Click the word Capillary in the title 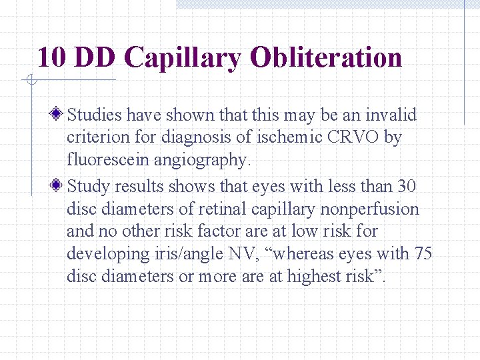[x=183, y=59]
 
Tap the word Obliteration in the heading [x=326, y=57]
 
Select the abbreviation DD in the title [x=97, y=57]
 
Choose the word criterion [x=97, y=137]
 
